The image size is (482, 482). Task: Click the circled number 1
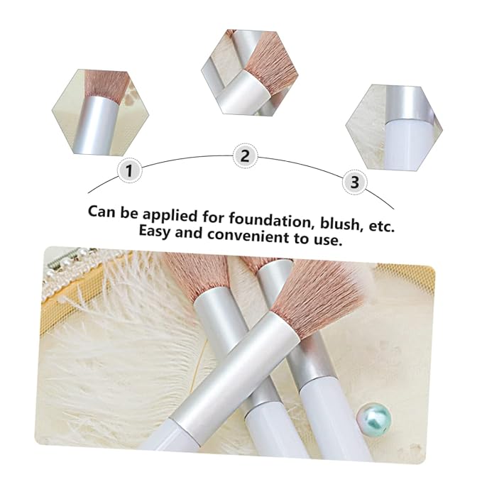(x=129, y=170)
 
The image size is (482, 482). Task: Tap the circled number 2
(x=245, y=155)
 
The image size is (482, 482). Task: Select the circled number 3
(x=355, y=182)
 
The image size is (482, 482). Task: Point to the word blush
(x=340, y=223)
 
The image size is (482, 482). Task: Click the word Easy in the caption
(x=154, y=231)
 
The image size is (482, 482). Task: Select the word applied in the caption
(x=170, y=216)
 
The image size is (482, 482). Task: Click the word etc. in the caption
(x=381, y=226)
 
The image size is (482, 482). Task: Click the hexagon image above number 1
(x=101, y=112)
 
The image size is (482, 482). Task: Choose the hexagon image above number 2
(x=250, y=72)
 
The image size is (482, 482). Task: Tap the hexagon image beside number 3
(x=394, y=127)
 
